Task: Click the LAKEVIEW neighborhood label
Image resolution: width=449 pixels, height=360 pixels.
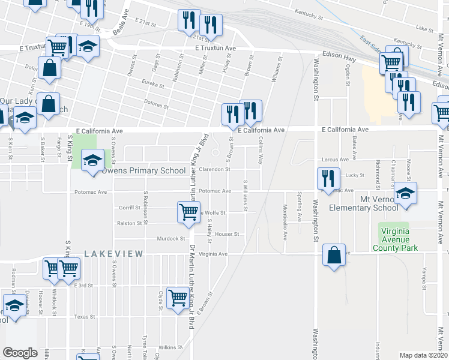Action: [x=113, y=254]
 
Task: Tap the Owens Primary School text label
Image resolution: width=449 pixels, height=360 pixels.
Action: [x=143, y=171]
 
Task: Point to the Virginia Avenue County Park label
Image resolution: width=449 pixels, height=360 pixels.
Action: [x=394, y=239]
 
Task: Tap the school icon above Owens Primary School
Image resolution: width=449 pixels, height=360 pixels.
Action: [x=93, y=160]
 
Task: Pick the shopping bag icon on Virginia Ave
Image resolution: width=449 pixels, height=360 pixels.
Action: [x=334, y=254]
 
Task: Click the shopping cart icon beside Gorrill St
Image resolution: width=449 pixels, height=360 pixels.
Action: [x=188, y=211]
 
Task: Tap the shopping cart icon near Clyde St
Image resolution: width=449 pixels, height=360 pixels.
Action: [x=178, y=296]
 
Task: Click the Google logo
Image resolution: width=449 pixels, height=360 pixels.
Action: [x=20, y=353]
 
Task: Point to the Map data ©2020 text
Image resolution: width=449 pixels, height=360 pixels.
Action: [x=423, y=355]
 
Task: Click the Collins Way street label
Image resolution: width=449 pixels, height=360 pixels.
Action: [x=261, y=151]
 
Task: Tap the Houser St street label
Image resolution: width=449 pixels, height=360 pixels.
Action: [x=228, y=234]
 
